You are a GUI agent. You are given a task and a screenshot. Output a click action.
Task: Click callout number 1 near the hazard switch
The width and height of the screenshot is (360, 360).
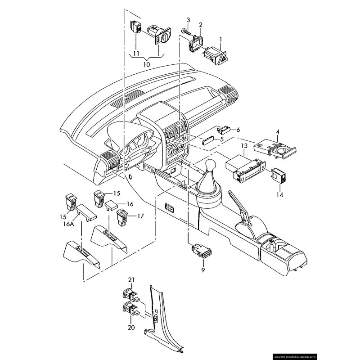click(x=221, y=40)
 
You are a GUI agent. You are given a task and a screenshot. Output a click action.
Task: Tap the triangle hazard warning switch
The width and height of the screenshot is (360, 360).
click(x=216, y=56)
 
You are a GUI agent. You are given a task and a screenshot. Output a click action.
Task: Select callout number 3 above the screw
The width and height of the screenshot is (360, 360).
click(x=188, y=20)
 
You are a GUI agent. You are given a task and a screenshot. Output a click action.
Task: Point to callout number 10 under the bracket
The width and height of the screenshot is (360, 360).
click(x=147, y=64)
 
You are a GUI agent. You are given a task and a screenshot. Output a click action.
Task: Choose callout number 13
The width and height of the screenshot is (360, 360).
click(x=244, y=146)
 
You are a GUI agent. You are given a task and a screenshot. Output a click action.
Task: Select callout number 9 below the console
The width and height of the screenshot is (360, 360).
click(x=203, y=270)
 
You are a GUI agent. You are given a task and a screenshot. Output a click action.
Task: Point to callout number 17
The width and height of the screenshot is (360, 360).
click(x=140, y=216)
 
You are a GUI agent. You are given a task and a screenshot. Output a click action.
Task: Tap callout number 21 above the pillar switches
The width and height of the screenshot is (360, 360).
click(x=131, y=280)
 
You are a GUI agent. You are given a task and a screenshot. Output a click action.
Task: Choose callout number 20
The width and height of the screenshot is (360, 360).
click(x=131, y=328)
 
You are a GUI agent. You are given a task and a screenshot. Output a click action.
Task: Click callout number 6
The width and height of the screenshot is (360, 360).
click(x=238, y=130)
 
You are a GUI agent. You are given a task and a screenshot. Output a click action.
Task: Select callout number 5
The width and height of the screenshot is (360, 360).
click(x=221, y=139)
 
